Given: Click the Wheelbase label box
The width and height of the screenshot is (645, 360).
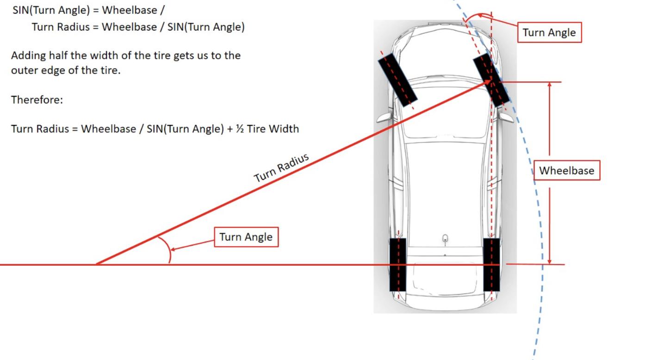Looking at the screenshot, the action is (x=567, y=170).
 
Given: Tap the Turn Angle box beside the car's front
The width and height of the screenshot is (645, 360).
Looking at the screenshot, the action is (x=549, y=32).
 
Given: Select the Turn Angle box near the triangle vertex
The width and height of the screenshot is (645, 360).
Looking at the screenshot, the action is (x=246, y=237).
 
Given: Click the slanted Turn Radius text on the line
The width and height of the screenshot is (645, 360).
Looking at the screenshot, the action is (x=281, y=168).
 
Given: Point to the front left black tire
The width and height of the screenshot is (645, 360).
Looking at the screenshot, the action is (x=397, y=80).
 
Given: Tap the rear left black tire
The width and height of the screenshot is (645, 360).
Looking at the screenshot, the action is (x=397, y=265).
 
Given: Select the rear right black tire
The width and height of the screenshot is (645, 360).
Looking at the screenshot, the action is (x=491, y=265).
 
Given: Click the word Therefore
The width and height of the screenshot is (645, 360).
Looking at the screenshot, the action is (x=37, y=99).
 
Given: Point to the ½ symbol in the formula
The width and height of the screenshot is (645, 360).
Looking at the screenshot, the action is (x=240, y=129).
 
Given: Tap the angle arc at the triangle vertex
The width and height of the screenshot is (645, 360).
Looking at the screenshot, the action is (x=167, y=249).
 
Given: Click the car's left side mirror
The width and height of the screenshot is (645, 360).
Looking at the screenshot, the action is (x=385, y=117).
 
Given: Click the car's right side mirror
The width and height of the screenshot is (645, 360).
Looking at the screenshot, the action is (x=506, y=117).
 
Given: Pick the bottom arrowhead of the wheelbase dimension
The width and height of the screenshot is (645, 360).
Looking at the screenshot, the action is (x=549, y=261).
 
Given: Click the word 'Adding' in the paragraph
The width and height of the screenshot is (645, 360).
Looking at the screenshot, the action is (x=28, y=56).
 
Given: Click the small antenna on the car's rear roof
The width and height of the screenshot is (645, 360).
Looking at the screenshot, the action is (x=445, y=240).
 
